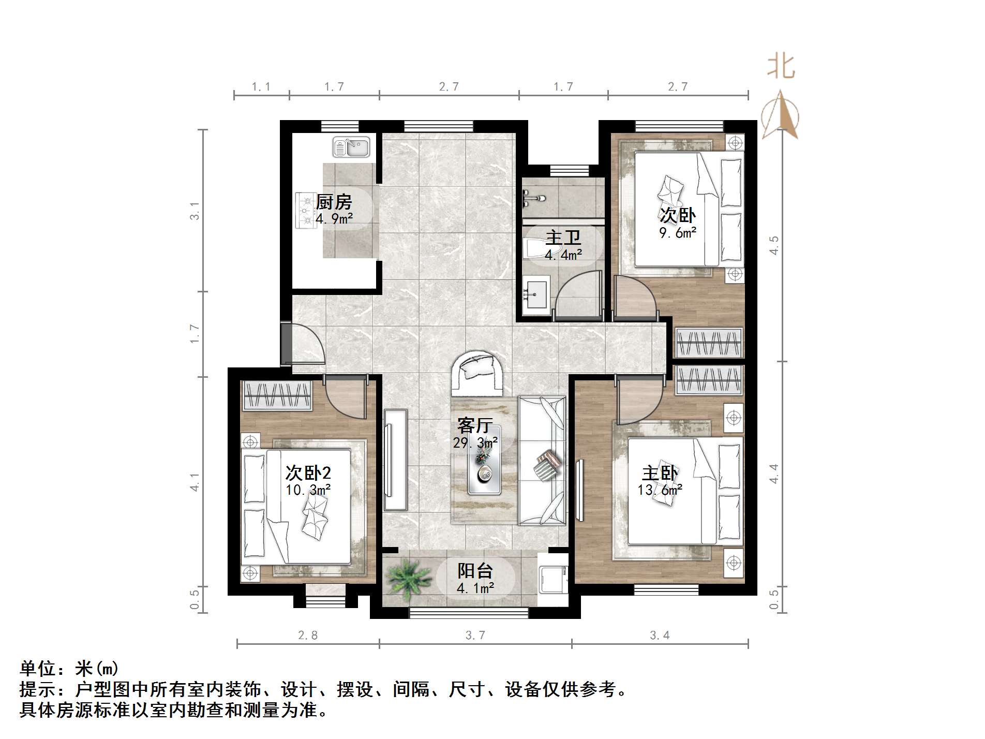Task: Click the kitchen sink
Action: (x=351, y=147)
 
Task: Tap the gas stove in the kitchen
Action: (x=306, y=211)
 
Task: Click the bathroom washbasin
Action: (x=536, y=295)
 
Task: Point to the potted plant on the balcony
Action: (x=408, y=579)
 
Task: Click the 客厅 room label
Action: (x=474, y=425)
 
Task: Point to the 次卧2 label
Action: (x=308, y=472)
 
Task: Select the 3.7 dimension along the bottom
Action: (x=475, y=635)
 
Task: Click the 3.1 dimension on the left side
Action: (x=195, y=211)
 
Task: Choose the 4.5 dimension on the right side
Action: (x=774, y=245)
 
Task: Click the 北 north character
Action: (x=781, y=67)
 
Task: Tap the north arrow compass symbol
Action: (x=780, y=115)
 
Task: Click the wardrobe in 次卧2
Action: (x=277, y=396)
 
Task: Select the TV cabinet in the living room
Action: (x=396, y=461)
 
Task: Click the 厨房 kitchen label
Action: (x=334, y=202)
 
